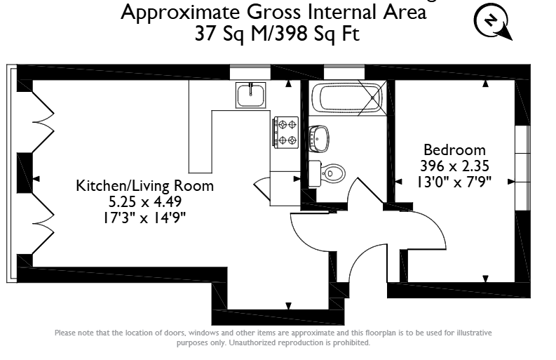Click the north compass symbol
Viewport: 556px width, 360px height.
pos(493,21)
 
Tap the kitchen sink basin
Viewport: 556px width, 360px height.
pos(251,95)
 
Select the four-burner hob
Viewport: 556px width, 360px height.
pos(286,133)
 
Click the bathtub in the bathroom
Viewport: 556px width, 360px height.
pos(347,98)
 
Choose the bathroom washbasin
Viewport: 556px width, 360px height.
pos(319,139)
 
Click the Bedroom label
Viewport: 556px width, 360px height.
pos(454,149)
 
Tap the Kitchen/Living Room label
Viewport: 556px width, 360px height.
pos(145,186)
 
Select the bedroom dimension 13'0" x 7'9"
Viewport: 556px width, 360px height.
pos(454,182)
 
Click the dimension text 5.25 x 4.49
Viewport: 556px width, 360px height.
pos(145,201)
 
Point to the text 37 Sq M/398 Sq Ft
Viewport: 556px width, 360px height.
pos(277,34)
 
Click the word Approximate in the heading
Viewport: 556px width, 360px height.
pos(180,13)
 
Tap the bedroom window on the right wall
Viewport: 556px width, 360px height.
pos(522,168)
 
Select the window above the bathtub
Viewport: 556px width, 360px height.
pos(344,72)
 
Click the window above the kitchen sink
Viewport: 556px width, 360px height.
pos(250,72)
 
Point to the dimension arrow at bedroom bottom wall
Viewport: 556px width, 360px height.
pos(486,279)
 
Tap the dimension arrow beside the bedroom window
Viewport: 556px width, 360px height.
pos(511,182)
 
